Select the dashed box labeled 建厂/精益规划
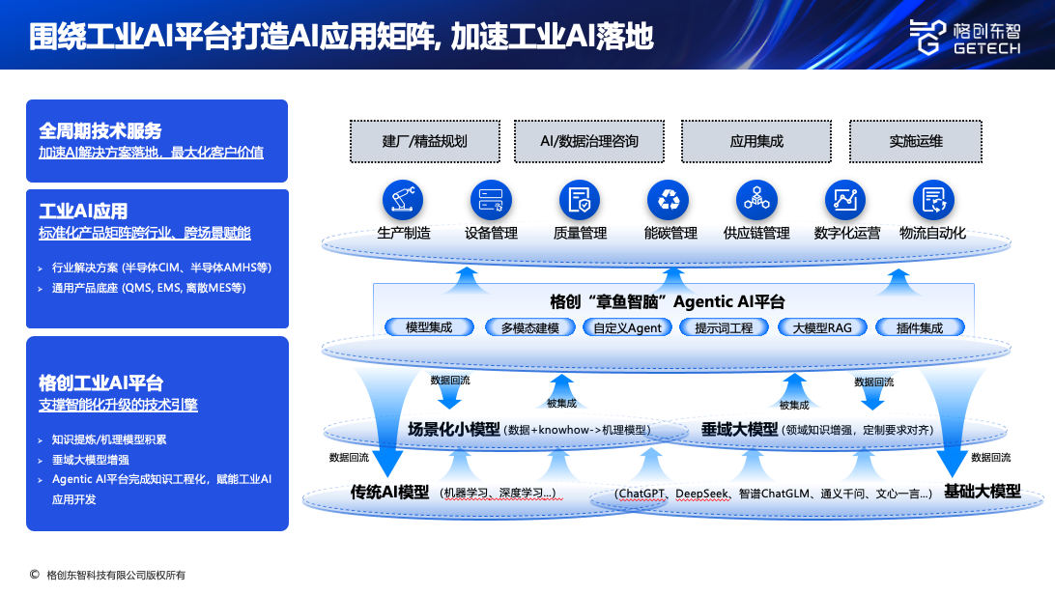[x=424, y=141]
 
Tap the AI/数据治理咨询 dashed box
[x=589, y=141]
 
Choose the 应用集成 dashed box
[x=756, y=141]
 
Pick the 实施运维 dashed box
[x=916, y=141]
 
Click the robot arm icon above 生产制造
[x=403, y=200]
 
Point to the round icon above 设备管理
[x=491, y=200]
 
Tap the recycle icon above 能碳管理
[x=668, y=200]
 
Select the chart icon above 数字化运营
[x=844, y=200]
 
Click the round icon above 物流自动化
[x=932, y=200]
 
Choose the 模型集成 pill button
[x=429, y=327]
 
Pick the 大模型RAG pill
[x=822, y=327]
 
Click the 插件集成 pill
[x=919, y=327]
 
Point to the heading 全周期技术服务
[x=100, y=130]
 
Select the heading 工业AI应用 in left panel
[x=83, y=212]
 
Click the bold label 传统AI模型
[x=388, y=492]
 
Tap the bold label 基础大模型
[x=982, y=491]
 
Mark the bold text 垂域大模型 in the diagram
[x=739, y=429]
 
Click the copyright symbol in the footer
[x=35, y=575]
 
